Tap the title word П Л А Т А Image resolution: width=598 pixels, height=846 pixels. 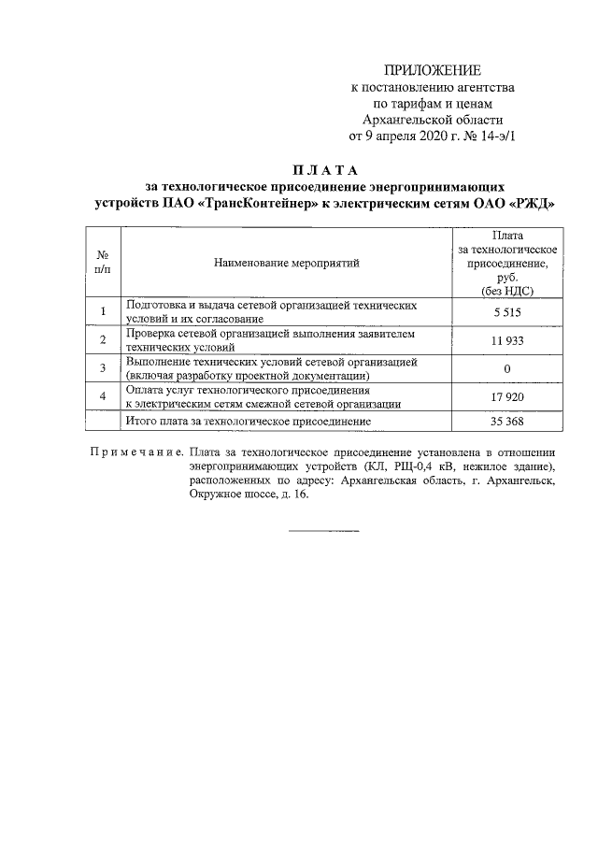click(319, 169)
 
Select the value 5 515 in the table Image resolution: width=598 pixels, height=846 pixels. click(506, 311)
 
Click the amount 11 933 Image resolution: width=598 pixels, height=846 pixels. click(506, 340)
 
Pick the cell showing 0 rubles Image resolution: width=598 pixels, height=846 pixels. click(506, 368)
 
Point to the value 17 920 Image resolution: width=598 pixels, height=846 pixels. click(506, 396)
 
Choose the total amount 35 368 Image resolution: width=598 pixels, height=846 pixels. click(506, 422)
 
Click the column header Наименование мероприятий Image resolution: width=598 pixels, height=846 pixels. click(285, 264)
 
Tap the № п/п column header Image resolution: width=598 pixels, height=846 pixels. click(102, 263)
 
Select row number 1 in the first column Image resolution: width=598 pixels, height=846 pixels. click(102, 311)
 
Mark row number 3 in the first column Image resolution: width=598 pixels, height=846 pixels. click(102, 368)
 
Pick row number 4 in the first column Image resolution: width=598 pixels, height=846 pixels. click(102, 396)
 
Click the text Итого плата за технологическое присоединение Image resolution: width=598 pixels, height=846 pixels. click(249, 422)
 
